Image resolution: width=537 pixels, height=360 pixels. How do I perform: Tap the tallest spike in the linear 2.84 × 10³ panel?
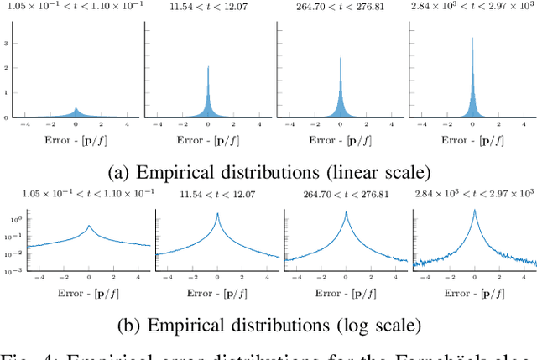click(472, 37)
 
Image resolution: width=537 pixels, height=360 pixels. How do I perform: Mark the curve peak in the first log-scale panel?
click(89, 226)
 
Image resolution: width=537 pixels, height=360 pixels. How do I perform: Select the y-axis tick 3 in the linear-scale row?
click(7, 42)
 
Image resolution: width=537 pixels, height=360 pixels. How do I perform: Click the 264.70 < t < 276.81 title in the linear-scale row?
click(341, 8)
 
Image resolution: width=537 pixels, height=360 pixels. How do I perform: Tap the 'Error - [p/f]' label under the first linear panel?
click(76, 139)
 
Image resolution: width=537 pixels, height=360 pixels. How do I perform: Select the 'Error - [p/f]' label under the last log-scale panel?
click(474, 295)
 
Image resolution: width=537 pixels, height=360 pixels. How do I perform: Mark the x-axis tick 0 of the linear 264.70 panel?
click(341, 124)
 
